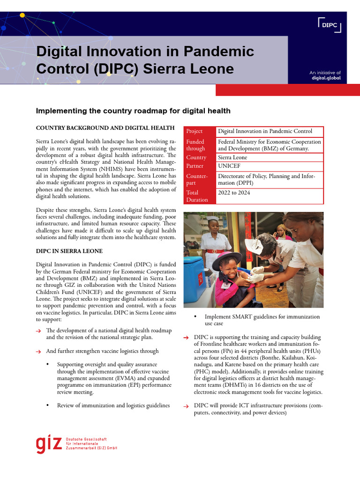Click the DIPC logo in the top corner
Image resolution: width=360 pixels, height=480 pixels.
(330, 25)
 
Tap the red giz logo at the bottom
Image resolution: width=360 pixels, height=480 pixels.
(48, 444)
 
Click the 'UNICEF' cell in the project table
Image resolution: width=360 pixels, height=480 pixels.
(228, 166)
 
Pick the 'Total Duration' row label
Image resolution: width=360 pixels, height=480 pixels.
(197, 196)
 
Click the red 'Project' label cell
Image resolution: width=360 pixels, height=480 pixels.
(195, 131)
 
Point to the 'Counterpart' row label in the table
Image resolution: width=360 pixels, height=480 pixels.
(197, 180)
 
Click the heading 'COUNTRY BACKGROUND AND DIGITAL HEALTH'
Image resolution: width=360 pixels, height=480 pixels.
(105, 128)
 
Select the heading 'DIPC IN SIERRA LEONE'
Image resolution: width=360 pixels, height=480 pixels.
(69, 251)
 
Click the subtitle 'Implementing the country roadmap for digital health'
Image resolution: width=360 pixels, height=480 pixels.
(133, 111)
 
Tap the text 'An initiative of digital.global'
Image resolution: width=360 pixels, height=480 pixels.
(325, 75)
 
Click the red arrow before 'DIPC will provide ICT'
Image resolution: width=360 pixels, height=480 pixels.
(186, 406)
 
